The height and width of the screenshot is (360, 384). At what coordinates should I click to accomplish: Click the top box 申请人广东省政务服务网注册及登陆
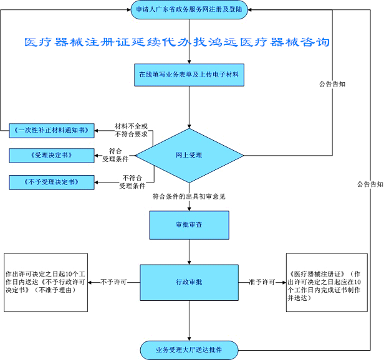click(189, 9)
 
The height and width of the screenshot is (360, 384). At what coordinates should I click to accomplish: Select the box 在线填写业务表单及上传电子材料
click(189, 75)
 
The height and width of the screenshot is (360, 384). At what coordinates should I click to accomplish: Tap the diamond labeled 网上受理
click(190, 156)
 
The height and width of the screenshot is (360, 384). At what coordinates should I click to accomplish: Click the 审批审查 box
click(190, 225)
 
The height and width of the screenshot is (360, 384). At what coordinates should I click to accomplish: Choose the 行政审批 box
click(189, 282)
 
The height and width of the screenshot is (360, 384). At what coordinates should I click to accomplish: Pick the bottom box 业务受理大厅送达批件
click(189, 350)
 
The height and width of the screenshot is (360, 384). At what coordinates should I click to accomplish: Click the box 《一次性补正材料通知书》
click(52, 131)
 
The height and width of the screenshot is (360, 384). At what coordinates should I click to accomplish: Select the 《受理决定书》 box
click(52, 156)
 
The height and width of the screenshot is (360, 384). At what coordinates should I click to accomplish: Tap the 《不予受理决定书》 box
click(52, 182)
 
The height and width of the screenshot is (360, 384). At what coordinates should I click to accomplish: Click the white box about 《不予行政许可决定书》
click(46, 282)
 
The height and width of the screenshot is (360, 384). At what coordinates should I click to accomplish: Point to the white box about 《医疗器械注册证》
click(327, 282)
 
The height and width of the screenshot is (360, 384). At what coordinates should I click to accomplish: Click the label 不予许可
click(113, 282)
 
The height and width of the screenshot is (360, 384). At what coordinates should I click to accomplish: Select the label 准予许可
click(262, 282)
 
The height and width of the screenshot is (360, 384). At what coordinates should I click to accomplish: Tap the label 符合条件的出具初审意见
click(189, 197)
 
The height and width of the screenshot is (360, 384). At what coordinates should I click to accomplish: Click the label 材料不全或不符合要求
click(131, 130)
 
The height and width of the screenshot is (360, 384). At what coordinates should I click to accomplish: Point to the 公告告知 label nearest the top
click(332, 84)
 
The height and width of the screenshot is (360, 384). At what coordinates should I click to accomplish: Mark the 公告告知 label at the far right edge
click(370, 184)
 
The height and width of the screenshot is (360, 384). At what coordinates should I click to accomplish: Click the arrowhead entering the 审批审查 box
click(189, 209)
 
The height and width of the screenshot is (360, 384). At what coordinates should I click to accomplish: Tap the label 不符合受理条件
click(132, 182)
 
